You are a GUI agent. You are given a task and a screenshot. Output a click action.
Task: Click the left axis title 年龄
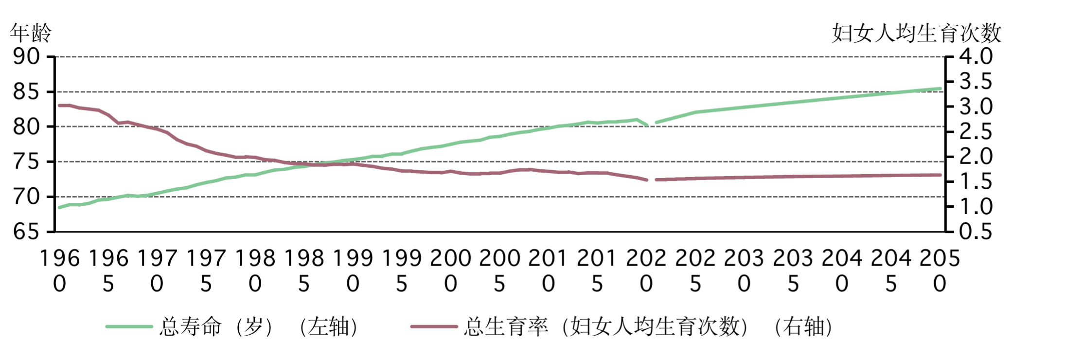[31, 33]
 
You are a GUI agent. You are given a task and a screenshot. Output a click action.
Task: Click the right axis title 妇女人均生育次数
[916, 33]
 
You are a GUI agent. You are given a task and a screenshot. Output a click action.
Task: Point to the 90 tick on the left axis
[27, 57]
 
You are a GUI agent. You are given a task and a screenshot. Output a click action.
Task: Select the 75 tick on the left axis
[27, 162]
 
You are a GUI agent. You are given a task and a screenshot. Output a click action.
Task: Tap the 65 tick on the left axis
[27, 232]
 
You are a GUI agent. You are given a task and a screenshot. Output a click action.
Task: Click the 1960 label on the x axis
[59, 270]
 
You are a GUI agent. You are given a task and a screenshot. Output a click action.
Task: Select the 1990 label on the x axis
[353, 270]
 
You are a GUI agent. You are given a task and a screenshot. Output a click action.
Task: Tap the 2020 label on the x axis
[646, 270]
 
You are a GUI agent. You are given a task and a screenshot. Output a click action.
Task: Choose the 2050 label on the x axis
[940, 270]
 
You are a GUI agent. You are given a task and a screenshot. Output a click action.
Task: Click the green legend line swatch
[129, 326]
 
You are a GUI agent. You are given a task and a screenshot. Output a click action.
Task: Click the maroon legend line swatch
[434, 326]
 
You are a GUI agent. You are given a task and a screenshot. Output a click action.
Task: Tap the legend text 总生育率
[506, 326]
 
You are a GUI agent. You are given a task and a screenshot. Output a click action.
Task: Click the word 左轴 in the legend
[329, 326]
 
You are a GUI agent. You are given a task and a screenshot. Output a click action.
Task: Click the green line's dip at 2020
[647, 125]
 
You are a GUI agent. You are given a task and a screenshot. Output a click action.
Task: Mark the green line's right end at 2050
[940, 89]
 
